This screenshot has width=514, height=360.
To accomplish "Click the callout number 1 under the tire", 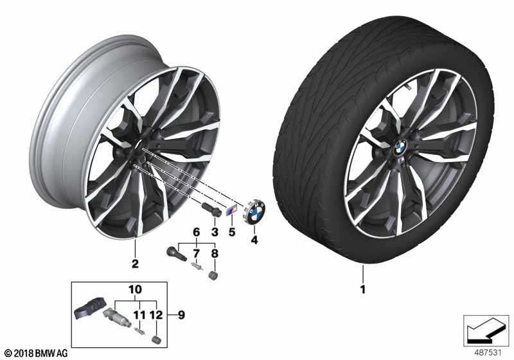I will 363,289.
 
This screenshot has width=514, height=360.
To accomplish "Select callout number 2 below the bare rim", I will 135,263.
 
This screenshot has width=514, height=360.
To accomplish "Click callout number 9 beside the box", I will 181,315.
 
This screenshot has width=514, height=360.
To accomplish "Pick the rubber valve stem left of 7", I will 174,253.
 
